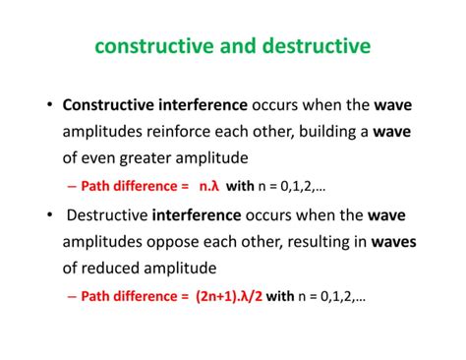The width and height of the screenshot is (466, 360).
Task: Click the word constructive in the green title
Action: coord(151,46)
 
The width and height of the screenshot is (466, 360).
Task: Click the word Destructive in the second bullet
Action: coord(107,212)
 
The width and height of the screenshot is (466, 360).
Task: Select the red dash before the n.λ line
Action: coord(73,185)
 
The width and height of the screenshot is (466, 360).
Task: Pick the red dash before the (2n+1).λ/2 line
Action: coord(73,294)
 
